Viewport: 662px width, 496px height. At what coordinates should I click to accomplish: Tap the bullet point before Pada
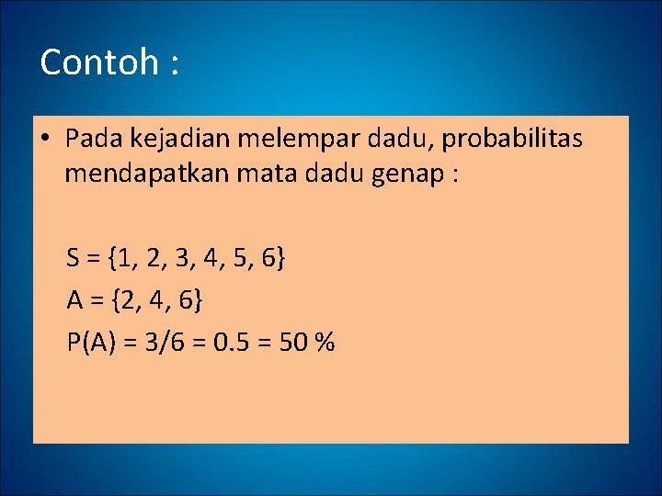(x=45, y=140)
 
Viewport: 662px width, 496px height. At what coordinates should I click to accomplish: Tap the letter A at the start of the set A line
(x=74, y=300)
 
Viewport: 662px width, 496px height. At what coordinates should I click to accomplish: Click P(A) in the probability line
(x=90, y=343)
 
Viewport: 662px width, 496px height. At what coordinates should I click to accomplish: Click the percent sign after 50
(x=325, y=343)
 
